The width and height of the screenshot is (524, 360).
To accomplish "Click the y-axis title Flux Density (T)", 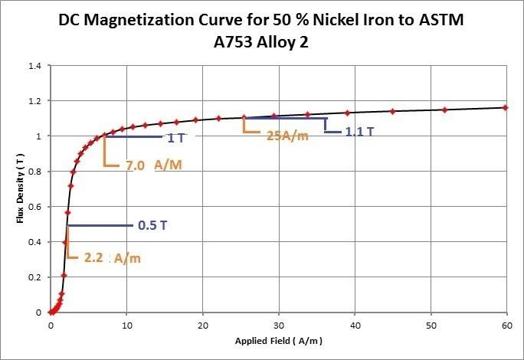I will point(21,189).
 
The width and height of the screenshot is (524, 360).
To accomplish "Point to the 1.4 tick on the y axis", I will point(34,66).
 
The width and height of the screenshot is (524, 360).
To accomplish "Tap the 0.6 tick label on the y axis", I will point(34,207).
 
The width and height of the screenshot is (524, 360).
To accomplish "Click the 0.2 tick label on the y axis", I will point(34,277).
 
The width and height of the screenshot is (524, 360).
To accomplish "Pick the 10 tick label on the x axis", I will point(126,324).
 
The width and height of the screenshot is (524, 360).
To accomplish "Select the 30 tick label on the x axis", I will point(278,324).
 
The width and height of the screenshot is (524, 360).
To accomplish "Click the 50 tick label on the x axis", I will point(430,324).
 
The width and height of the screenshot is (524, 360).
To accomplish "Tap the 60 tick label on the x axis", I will point(506,324).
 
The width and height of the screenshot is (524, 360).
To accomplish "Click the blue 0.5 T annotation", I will point(148,226).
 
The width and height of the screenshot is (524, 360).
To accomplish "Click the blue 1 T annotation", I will point(175,139).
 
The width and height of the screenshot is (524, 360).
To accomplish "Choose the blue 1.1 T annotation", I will point(359,132).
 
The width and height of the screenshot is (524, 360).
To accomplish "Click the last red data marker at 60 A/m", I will point(505,108).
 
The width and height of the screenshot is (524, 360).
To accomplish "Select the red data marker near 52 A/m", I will point(444,110).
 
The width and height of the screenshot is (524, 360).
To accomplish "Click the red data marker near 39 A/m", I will point(347,113).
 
